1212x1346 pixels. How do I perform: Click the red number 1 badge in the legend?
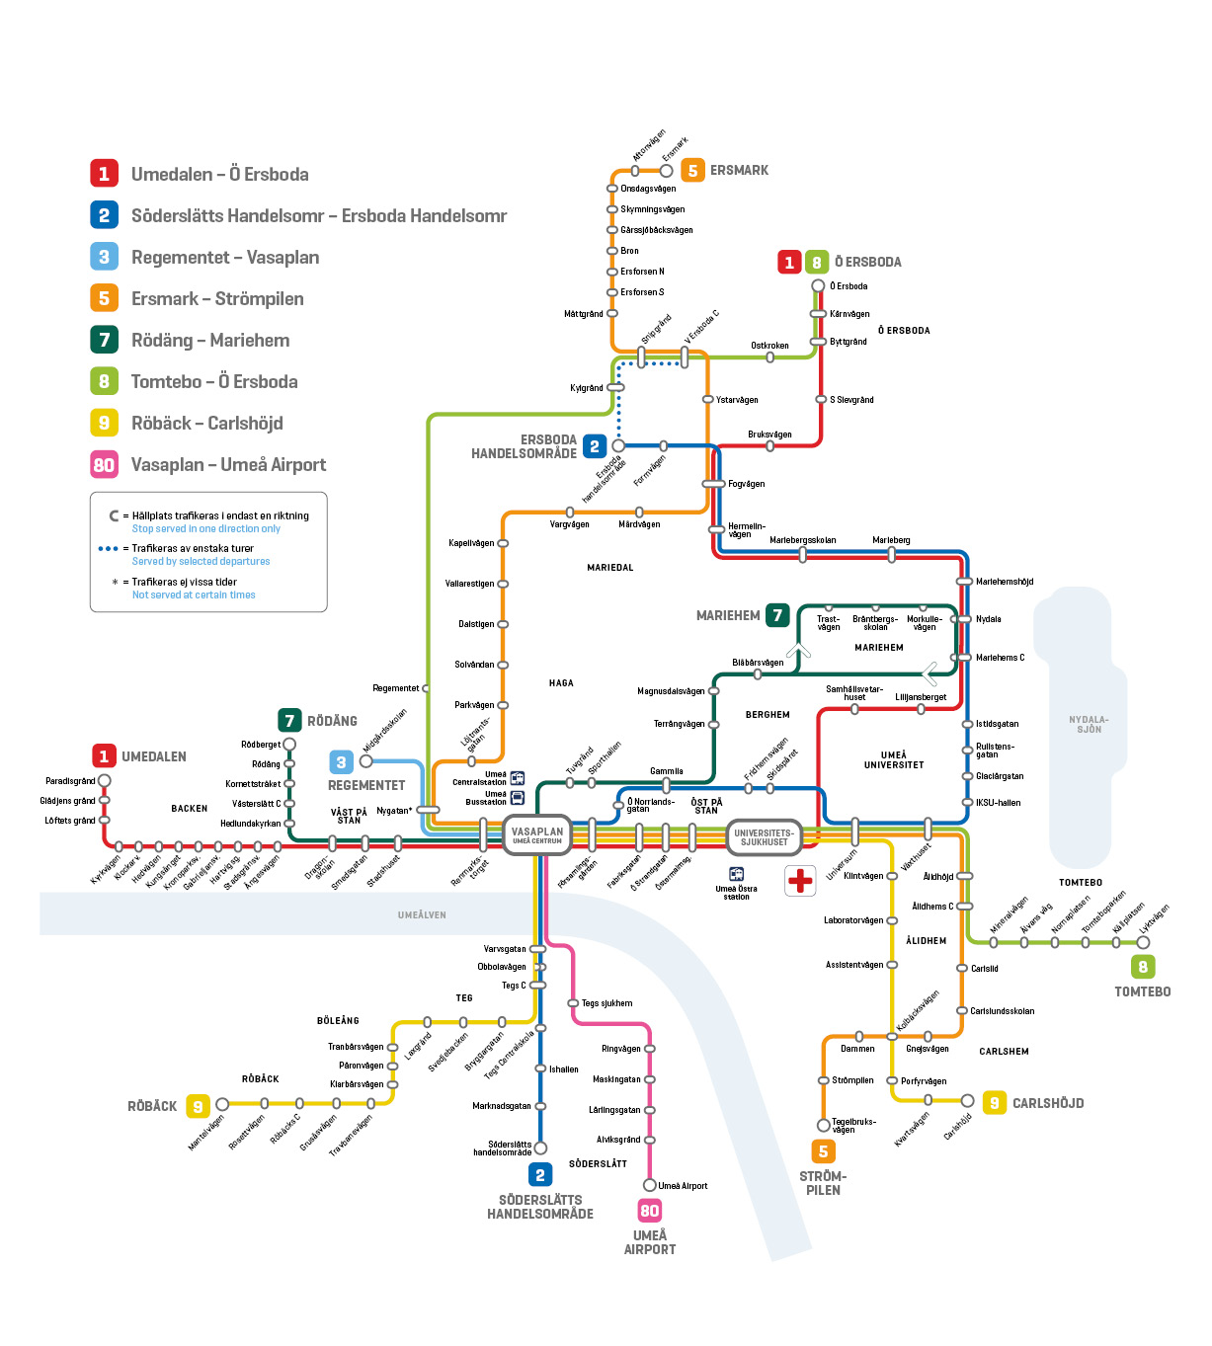point(104,174)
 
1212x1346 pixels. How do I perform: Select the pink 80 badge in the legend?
point(104,464)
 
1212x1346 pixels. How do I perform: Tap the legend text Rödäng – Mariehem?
point(210,341)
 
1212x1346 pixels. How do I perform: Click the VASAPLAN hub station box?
point(537,835)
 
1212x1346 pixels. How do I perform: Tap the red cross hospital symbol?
point(800,880)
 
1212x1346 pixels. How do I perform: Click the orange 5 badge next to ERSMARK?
point(692,170)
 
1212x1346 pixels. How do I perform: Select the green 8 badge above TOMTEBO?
point(1143,967)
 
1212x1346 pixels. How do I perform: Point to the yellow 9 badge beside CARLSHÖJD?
point(994,1103)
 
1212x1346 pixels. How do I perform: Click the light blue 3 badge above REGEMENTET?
point(341,762)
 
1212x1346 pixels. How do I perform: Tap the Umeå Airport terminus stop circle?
point(650,1185)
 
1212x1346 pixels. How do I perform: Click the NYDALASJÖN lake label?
point(1089,724)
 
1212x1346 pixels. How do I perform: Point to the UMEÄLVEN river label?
point(422,915)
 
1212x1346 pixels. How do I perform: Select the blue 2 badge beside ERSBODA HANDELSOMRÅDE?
point(594,446)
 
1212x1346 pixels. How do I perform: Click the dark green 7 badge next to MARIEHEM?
point(777,615)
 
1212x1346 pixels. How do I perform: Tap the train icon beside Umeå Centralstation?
point(518,778)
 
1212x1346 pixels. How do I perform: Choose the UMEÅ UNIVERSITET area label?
point(894,759)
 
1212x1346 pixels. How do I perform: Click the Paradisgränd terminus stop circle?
point(105,781)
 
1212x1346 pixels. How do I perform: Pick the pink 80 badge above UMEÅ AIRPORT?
point(649,1211)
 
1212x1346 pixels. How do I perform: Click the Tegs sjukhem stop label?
point(606,1003)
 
